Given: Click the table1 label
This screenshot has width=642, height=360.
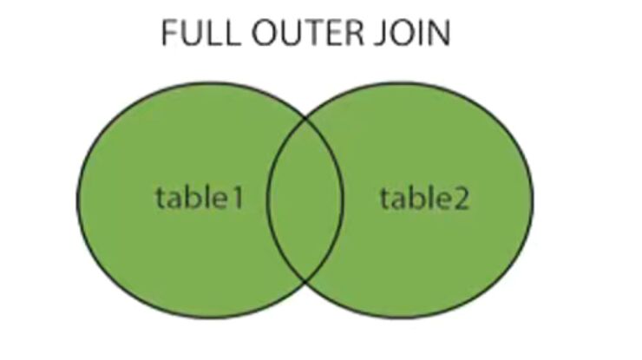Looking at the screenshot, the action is pyautogui.click(x=198, y=199).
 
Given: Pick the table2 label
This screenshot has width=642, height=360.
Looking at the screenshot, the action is pyautogui.click(x=424, y=199).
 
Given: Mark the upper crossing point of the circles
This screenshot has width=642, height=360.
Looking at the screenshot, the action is pyautogui.click(x=305, y=121).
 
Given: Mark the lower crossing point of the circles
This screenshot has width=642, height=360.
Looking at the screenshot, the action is pyautogui.click(x=305, y=280).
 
